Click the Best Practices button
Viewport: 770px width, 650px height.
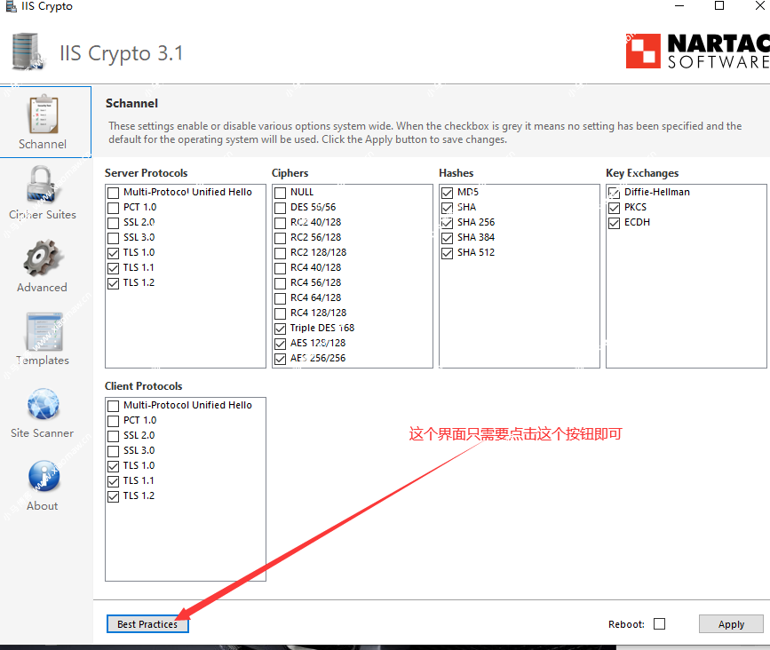click(147, 624)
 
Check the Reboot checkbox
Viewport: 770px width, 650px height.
click(660, 624)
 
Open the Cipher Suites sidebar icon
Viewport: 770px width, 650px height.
click(41, 185)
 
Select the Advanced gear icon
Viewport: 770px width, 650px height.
click(43, 258)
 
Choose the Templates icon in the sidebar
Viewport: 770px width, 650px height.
click(44, 331)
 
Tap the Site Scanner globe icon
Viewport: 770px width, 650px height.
click(44, 404)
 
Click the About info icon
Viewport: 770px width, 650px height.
click(44, 476)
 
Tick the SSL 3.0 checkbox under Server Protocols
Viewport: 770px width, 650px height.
click(114, 238)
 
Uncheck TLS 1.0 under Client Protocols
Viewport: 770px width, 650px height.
click(114, 466)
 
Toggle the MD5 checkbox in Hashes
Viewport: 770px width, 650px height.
click(447, 193)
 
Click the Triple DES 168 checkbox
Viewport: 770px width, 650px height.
click(280, 329)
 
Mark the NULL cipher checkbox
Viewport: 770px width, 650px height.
click(280, 193)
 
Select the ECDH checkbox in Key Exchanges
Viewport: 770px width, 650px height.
click(614, 224)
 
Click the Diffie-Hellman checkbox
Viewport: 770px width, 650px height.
click(614, 193)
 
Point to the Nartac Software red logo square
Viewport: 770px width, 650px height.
click(643, 51)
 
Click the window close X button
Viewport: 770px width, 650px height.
click(759, 5)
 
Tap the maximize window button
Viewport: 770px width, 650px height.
click(719, 5)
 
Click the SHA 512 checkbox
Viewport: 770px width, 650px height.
click(447, 253)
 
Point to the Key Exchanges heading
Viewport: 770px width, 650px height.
click(642, 173)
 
